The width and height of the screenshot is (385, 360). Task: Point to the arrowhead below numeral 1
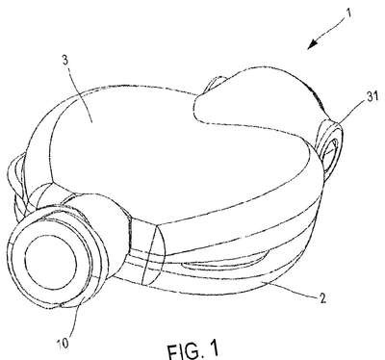314,44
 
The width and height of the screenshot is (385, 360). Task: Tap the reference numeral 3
65,62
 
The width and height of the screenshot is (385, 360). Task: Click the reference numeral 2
322,298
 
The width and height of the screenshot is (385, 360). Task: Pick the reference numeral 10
64,345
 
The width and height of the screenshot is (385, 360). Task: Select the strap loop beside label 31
330,146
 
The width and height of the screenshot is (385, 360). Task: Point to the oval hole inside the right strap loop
331,150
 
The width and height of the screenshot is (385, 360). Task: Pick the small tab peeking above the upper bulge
216,83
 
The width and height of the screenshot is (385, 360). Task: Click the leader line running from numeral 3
79,93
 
